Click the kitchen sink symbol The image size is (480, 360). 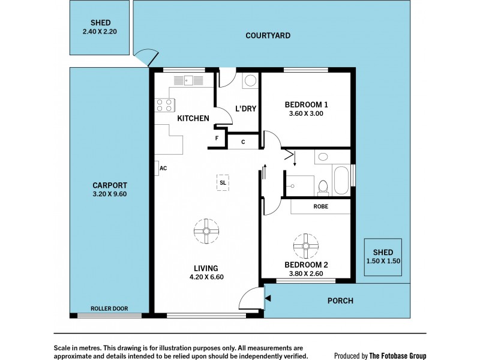188,80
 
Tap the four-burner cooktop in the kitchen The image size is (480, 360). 164,105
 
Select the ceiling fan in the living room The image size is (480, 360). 206,231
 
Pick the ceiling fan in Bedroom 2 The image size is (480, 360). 306,246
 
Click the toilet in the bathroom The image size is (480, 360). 323,188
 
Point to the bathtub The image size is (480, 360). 341,180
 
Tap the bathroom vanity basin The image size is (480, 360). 323,157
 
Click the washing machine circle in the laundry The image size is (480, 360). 251,81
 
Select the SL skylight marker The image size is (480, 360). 223,183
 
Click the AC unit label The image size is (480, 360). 163,168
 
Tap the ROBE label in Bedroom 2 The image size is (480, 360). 321,206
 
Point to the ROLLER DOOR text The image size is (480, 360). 109,308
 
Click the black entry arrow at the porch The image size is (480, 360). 268,298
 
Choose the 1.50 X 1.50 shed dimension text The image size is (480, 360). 383,261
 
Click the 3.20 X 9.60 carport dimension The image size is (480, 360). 110,194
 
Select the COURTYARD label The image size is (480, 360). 268,35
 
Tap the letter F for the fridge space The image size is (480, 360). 217,139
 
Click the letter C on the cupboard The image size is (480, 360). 243,142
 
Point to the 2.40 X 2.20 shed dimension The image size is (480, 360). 100,31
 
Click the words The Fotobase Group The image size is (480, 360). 398,356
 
